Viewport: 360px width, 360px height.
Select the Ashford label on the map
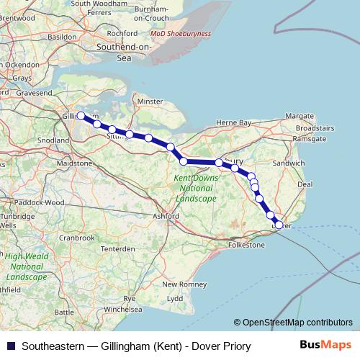[x=166, y=215]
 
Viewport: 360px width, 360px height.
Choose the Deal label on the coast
[x=305, y=184]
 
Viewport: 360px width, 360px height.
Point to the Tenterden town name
[x=117, y=248]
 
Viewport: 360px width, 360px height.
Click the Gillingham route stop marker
[x=81, y=115]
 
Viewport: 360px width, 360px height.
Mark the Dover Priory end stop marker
[x=279, y=225]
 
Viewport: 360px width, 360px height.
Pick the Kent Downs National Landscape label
[x=196, y=187]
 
